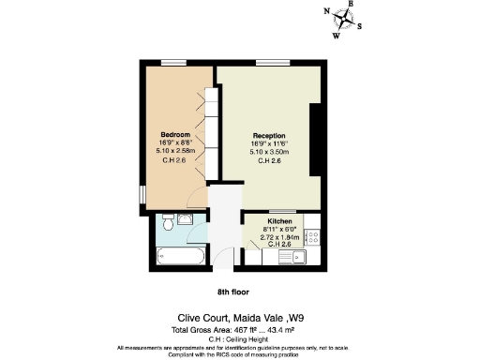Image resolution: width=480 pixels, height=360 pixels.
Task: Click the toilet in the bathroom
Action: click(166, 222)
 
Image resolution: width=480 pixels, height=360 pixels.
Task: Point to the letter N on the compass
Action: click(327, 12)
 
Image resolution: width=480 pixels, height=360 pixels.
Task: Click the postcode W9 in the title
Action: click(320, 318)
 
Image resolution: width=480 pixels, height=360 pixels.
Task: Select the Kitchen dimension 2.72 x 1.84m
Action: click(283, 236)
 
